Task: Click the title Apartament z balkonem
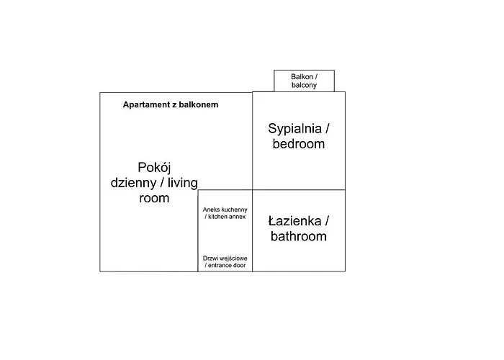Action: pos(171,105)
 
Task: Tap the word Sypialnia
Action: pos(294,129)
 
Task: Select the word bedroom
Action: pos(299,144)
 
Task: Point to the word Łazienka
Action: pos(294,221)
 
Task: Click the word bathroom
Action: pos(299,236)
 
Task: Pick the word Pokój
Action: pos(154,168)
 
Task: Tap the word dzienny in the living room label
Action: pos(133,183)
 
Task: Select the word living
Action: pos(183,183)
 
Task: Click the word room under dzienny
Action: pos(154,198)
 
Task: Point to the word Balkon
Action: pos(302,77)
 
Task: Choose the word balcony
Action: pos(304,85)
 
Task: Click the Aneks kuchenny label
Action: pos(225,210)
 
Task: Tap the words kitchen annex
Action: pos(227,217)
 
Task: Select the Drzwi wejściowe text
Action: pos(225,258)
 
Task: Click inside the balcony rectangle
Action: pos(304,81)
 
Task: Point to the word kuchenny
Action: pos(233,210)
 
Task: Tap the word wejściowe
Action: pos(233,258)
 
